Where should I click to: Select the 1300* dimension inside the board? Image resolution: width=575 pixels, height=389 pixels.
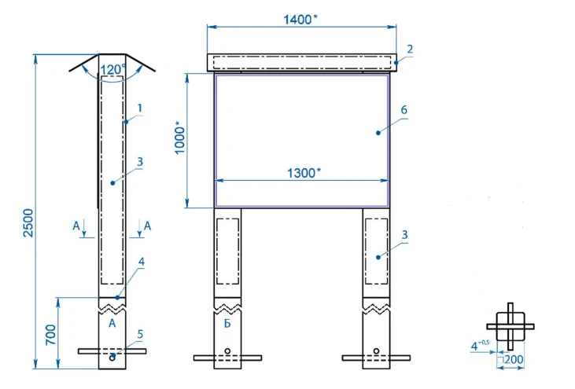[303, 173]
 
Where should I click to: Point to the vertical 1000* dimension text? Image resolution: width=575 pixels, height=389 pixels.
[180, 139]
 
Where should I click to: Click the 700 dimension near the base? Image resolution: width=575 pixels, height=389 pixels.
[51, 336]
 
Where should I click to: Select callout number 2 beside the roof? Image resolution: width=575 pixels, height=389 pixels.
[410, 49]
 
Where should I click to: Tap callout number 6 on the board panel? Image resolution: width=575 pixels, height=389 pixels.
[404, 112]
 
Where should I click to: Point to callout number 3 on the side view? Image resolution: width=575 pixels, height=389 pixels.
[138, 162]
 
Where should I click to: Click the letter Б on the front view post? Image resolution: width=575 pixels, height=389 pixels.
[227, 322]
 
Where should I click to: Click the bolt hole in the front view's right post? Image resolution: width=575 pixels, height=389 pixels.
[376, 350]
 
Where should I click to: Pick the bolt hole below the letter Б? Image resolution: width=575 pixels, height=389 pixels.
[227, 350]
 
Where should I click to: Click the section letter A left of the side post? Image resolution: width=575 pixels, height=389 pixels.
[76, 226]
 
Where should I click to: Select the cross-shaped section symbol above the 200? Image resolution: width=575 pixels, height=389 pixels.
[510, 325]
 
